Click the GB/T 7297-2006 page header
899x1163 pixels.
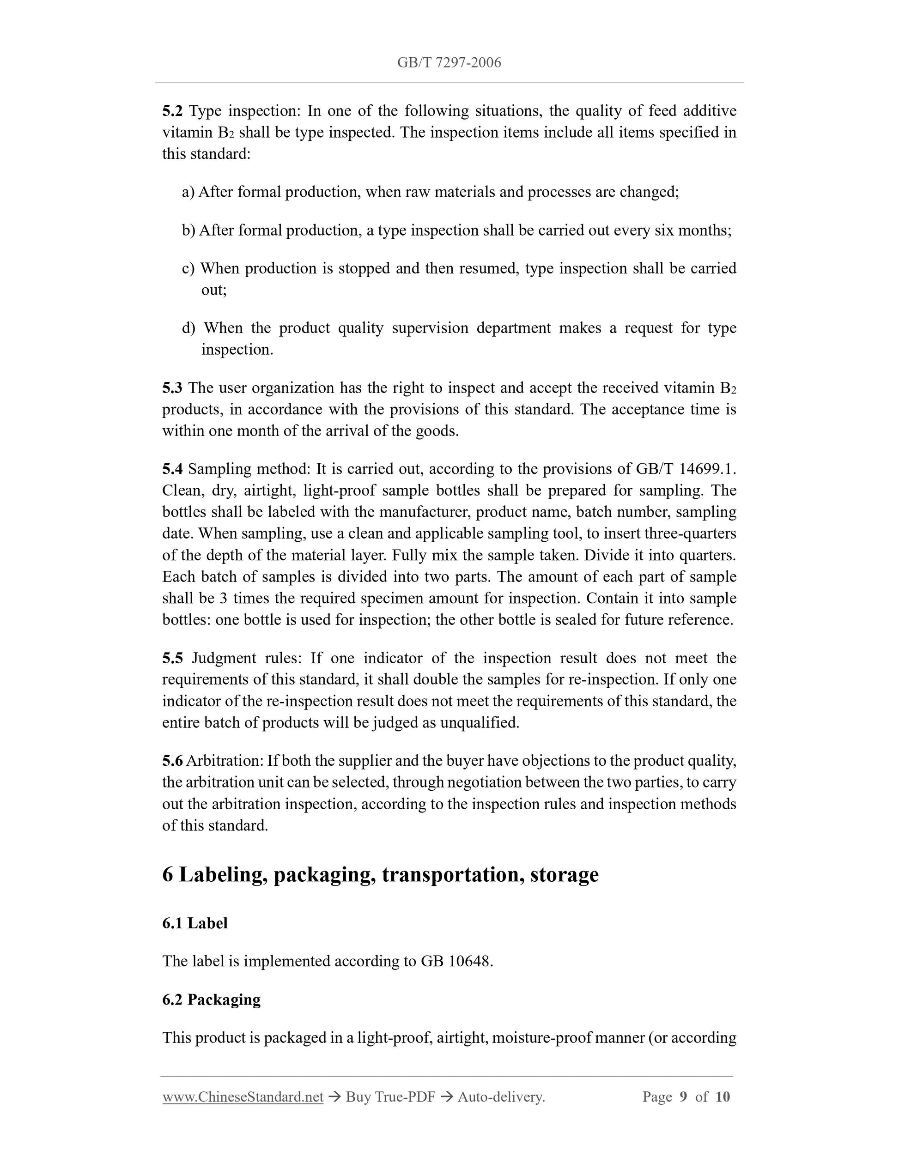click(x=449, y=63)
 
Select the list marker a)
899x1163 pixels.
click(x=188, y=192)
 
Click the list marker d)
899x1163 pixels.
click(x=188, y=328)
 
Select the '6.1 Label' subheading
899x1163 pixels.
click(x=195, y=923)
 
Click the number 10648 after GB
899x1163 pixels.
click(x=470, y=961)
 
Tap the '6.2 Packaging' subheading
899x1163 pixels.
click(x=212, y=999)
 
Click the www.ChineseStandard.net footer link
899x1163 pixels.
click(x=243, y=1097)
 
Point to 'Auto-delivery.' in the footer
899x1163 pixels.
click(x=501, y=1097)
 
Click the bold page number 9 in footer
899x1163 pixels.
click(x=683, y=1097)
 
